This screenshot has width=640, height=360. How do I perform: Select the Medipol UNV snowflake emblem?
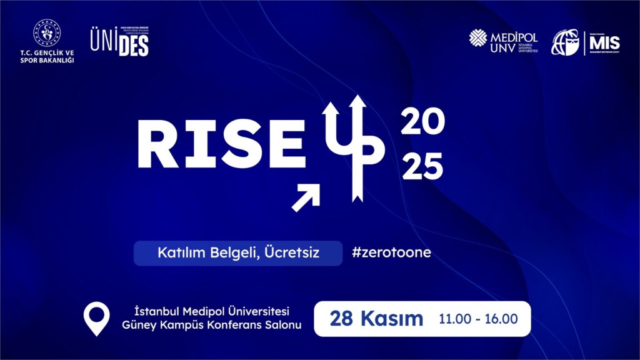478,38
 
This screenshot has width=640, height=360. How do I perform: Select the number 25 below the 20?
422,167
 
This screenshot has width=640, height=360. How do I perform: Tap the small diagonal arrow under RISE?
306,197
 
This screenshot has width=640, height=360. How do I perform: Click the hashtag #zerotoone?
391,253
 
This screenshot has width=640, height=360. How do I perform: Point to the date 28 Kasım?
376,319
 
